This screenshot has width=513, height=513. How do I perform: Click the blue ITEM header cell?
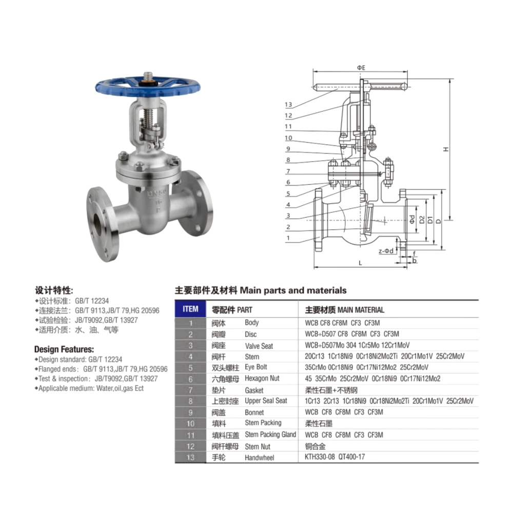[190, 309]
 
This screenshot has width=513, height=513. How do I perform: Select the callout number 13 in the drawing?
[288, 105]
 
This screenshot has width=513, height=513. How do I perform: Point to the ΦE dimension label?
[361, 68]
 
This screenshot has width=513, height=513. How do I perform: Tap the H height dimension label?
[446, 149]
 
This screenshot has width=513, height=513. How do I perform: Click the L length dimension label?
[360, 263]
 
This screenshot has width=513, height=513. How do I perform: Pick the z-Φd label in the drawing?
[386, 251]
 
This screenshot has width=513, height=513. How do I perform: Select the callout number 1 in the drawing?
[288, 238]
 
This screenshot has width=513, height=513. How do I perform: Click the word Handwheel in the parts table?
[260, 458]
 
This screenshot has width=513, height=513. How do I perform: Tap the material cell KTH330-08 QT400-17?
[334, 457]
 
